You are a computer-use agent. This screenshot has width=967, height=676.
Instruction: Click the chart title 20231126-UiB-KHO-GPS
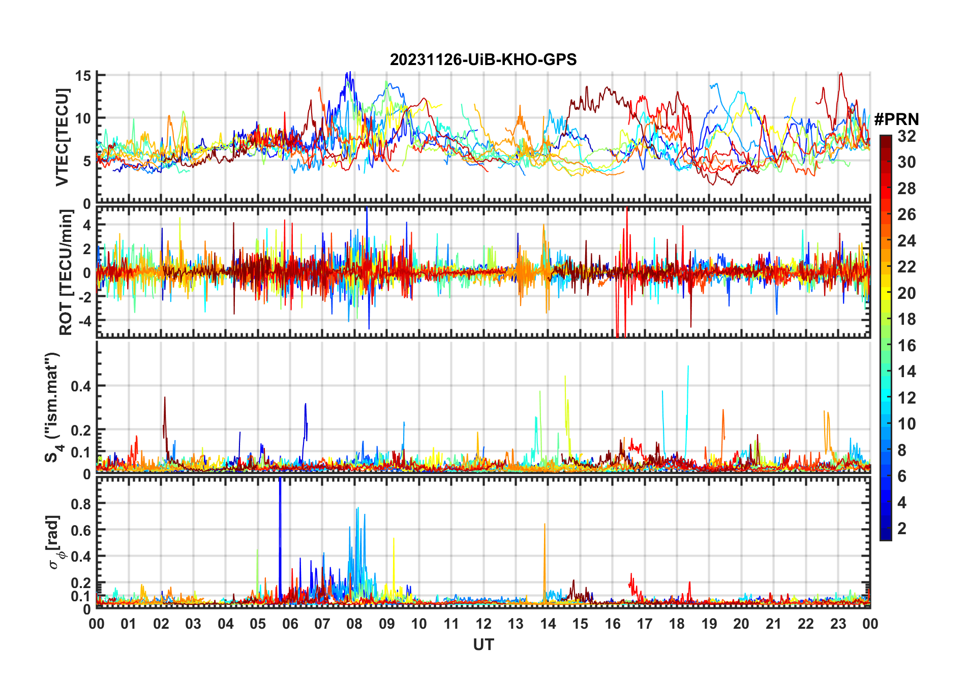pos(483,60)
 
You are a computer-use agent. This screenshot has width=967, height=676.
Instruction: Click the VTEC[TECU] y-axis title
pos(62,137)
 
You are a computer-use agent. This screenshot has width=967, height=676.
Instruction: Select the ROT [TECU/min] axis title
pos(66,272)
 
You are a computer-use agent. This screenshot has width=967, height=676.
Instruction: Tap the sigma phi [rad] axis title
pos(54,542)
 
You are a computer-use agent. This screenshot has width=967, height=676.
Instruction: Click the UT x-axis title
pos(483,644)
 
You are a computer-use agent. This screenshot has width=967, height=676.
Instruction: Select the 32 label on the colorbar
pos(906,136)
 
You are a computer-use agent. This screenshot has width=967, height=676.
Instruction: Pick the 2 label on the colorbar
pos(902,529)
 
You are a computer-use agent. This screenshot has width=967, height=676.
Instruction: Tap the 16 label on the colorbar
pos(906,346)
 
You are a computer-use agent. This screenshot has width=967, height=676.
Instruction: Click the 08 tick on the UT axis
pos(354,624)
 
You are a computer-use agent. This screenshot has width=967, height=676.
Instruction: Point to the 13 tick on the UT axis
pos(516,624)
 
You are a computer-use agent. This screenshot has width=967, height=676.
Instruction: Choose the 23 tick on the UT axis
pos(838,624)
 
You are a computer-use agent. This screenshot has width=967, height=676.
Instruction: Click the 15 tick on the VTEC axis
pos(83,76)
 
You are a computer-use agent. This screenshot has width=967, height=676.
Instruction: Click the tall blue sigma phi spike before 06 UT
pos(280,508)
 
